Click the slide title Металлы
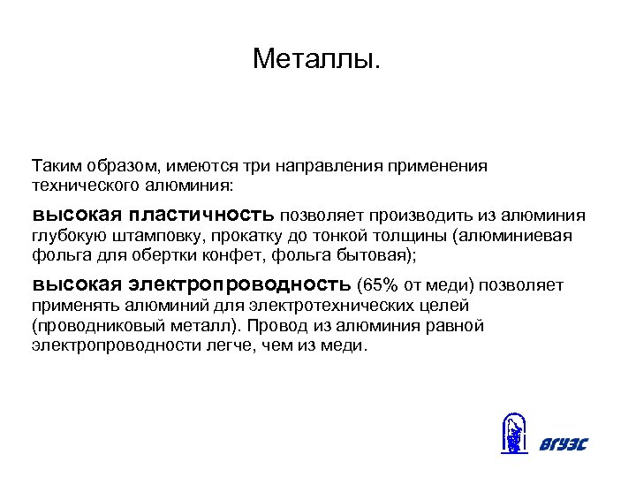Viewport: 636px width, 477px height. (x=317, y=59)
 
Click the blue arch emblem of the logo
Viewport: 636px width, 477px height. (x=511, y=434)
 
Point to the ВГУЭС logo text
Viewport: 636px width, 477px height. (x=562, y=443)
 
